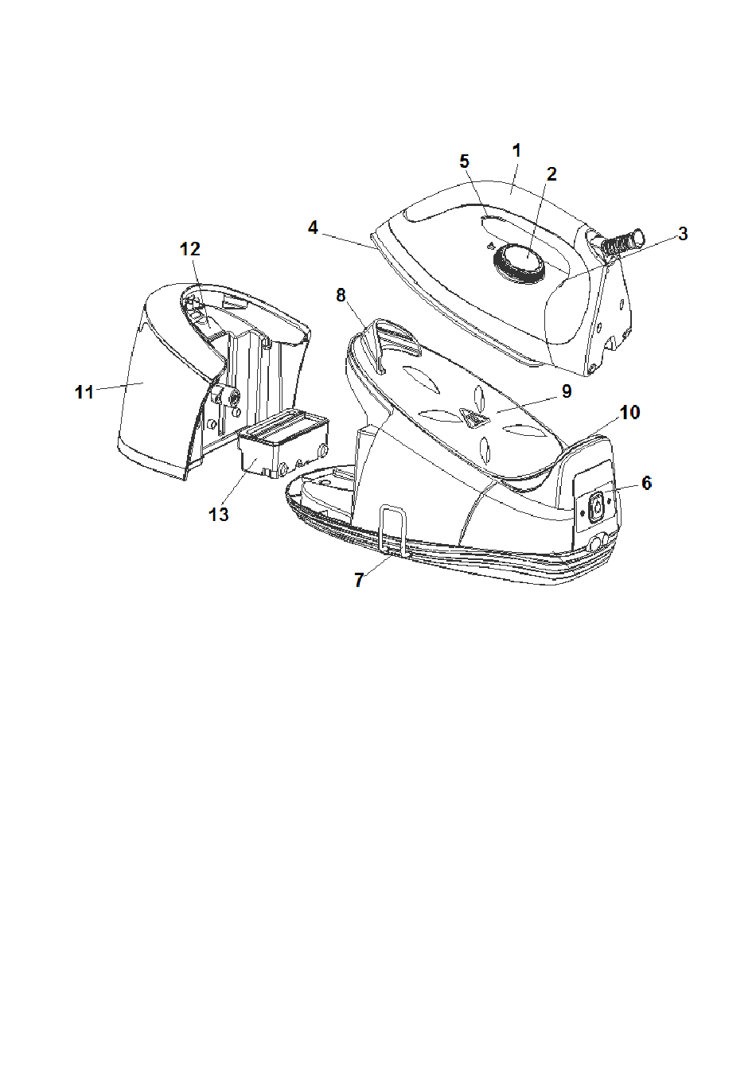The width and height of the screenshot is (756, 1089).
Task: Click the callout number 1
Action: point(516,150)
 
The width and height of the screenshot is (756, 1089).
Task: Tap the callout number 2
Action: point(551,174)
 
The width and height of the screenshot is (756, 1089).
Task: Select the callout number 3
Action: point(682,234)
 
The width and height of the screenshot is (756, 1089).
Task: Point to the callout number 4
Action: point(314,228)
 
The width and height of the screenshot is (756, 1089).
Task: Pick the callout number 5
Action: point(465,161)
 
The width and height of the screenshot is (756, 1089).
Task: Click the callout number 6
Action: point(646,483)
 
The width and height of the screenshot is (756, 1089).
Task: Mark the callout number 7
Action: point(359,581)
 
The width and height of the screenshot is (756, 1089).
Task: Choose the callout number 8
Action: point(341,295)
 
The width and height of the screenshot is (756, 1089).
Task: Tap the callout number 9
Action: point(567,391)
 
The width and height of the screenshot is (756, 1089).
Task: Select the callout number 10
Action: point(630,413)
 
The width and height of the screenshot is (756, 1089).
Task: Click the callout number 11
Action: point(84,392)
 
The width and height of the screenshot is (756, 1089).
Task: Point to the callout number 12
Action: point(189,249)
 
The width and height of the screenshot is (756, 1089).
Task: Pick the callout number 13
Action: point(219,515)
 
